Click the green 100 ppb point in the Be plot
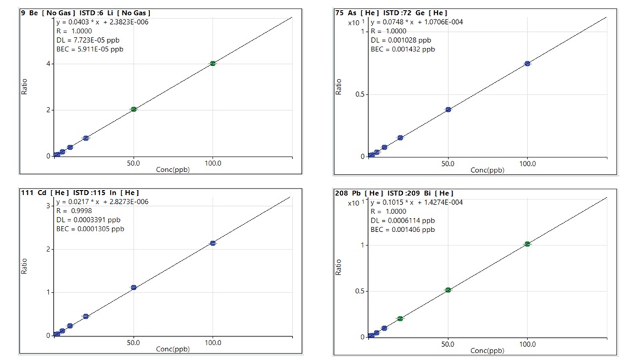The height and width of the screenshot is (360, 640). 213,63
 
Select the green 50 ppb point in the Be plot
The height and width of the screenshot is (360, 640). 133,109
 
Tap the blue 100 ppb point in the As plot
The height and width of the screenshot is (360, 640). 527,63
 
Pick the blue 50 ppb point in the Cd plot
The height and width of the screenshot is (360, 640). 133,287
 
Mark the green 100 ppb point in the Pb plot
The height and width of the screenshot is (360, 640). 527,244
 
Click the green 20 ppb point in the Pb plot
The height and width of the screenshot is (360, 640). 400,319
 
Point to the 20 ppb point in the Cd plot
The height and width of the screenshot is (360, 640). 86,316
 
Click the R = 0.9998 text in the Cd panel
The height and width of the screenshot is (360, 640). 74,211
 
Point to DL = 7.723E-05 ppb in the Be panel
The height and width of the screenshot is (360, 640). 88,40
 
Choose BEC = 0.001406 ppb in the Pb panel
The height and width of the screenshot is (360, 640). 403,229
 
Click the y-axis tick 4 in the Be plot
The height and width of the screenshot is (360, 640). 48,64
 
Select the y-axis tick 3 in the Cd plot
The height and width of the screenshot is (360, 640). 48,206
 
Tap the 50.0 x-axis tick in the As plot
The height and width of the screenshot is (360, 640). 448,164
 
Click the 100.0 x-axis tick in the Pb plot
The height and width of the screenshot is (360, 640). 527,344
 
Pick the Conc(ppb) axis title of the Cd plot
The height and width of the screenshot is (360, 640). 173,349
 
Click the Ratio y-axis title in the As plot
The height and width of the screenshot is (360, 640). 339,87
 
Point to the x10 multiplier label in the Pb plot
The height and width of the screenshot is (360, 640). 355,203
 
